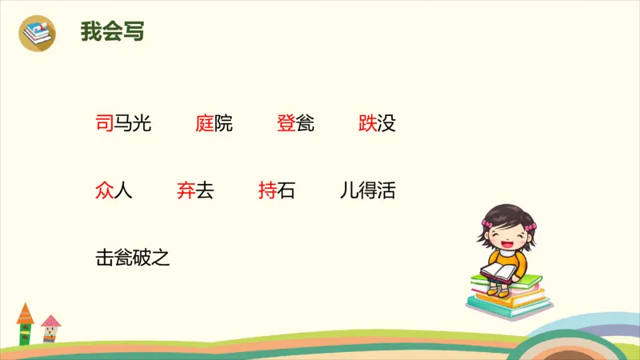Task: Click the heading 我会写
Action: point(112,31)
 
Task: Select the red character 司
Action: point(104,123)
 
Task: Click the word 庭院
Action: point(214,123)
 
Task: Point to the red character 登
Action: point(286,123)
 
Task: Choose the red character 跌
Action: point(368,123)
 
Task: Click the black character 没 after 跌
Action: point(386,123)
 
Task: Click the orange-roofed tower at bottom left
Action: point(25,323)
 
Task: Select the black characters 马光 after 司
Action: point(132,123)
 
